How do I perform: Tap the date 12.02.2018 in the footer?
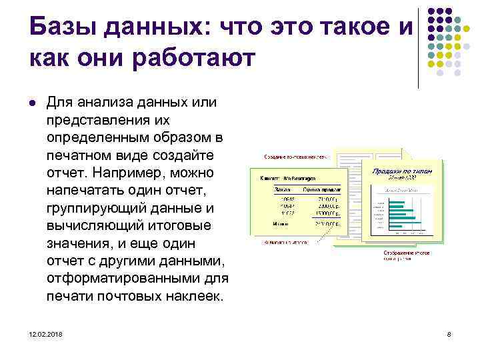click(45, 333)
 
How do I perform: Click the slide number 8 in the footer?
click(449, 333)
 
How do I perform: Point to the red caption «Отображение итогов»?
click(406, 253)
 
